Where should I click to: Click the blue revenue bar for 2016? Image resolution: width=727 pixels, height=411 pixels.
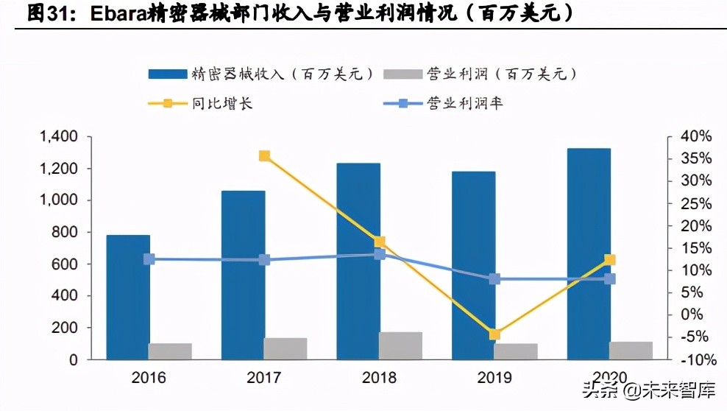click(128, 297)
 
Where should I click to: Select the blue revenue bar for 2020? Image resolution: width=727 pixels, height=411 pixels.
click(589, 253)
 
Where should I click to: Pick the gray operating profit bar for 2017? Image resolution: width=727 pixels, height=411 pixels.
click(286, 348)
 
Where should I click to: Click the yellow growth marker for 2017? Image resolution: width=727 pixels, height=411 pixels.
click(264, 156)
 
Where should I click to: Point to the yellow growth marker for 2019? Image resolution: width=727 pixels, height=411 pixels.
click(494, 334)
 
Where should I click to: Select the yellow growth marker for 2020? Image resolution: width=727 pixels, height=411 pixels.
click(609, 260)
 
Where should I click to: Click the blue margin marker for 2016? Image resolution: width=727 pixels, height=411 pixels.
click(149, 259)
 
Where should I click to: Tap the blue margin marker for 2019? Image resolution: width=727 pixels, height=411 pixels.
click(494, 279)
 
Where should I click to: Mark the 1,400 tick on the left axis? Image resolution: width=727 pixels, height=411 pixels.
click(58, 137)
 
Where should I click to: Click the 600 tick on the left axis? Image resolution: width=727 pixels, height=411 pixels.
click(66, 264)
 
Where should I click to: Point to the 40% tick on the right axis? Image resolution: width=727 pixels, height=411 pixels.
click(697, 137)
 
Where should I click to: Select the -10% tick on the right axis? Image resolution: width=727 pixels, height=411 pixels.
click(695, 360)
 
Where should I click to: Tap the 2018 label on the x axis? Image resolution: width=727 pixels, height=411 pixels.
click(379, 379)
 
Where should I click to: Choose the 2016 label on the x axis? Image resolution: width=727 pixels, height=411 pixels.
click(149, 379)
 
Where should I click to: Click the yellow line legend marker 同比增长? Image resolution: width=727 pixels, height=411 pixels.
click(168, 103)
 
